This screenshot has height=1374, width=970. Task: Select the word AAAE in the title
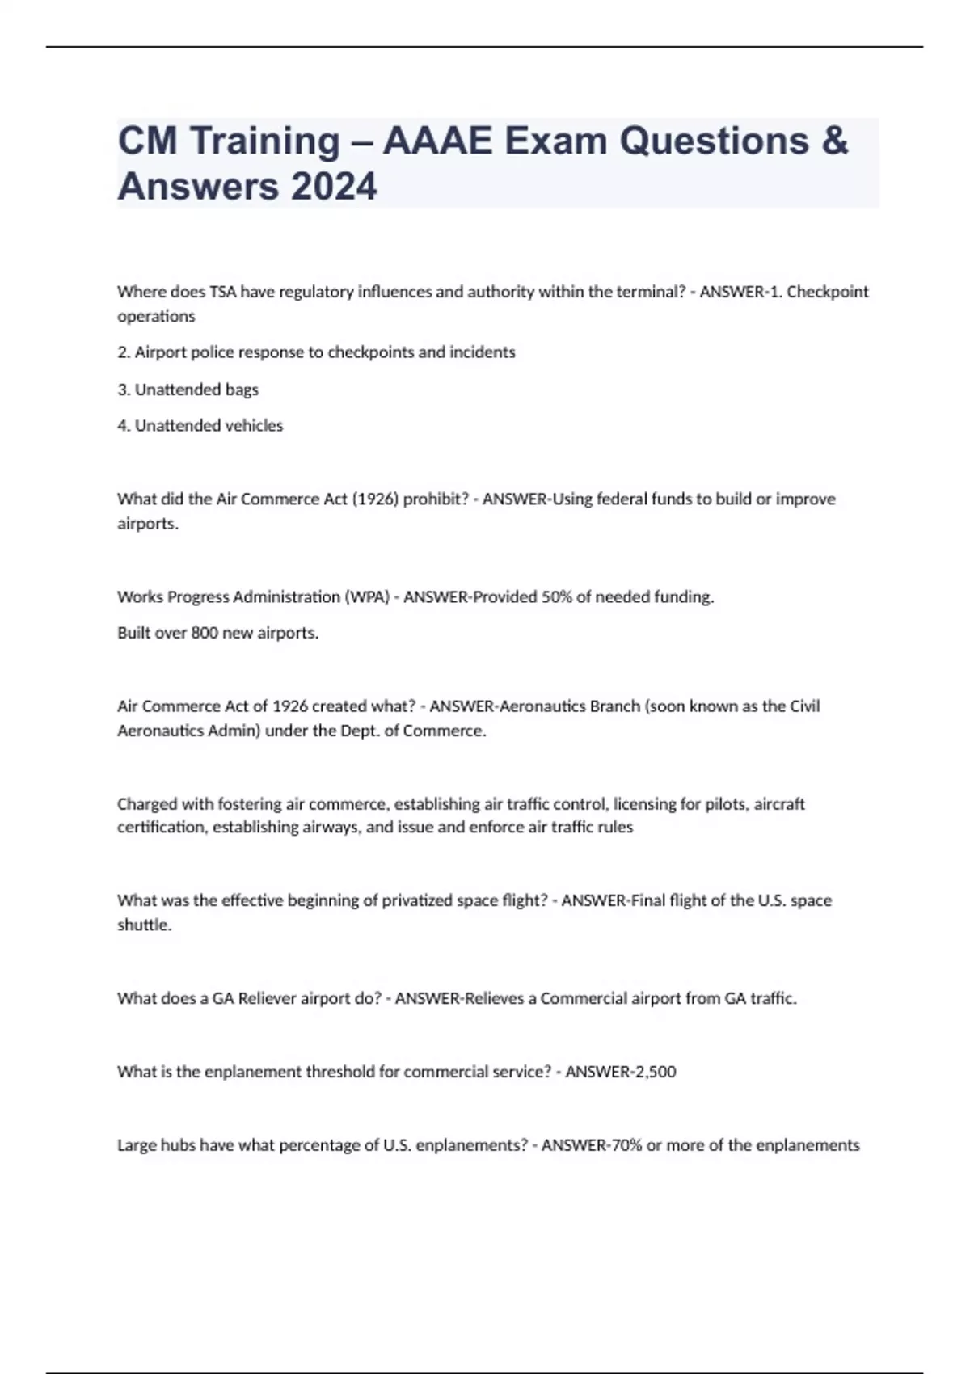(x=437, y=141)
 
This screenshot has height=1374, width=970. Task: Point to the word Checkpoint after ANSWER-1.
(x=828, y=292)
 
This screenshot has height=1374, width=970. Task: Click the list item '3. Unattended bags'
(x=188, y=390)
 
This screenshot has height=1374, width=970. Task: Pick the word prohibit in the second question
(x=436, y=499)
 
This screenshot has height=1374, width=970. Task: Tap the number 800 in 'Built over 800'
(x=205, y=633)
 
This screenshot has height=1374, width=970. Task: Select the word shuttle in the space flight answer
(x=144, y=925)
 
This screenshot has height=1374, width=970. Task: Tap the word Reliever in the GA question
(x=267, y=998)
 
